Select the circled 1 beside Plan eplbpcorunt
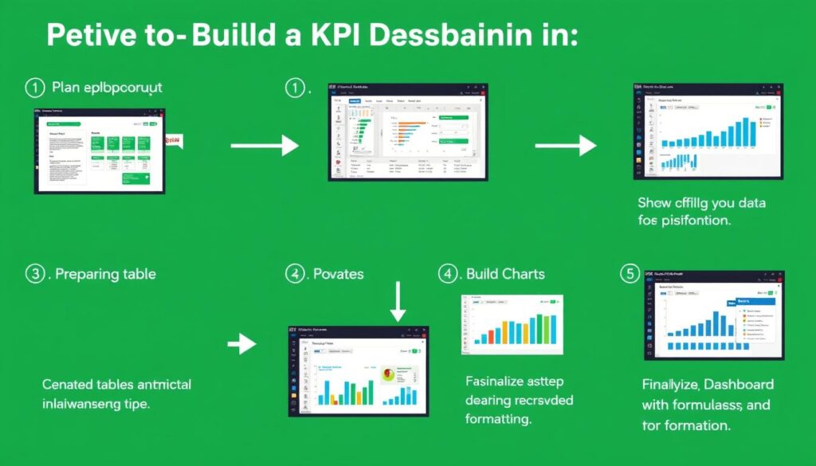pyautogui.click(x=34, y=87)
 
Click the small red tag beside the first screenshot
pyautogui.click(x=173, y=140)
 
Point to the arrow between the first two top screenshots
pyautogui.click(x=264, y=145)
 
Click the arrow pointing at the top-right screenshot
pyautogui.click(x=565, y=145)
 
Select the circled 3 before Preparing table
pyautogui.click(x=34, y=274)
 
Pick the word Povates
pyautogui.click(x=339, y=274)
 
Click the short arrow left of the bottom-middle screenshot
pyautogui.click(x=241, y=344)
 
